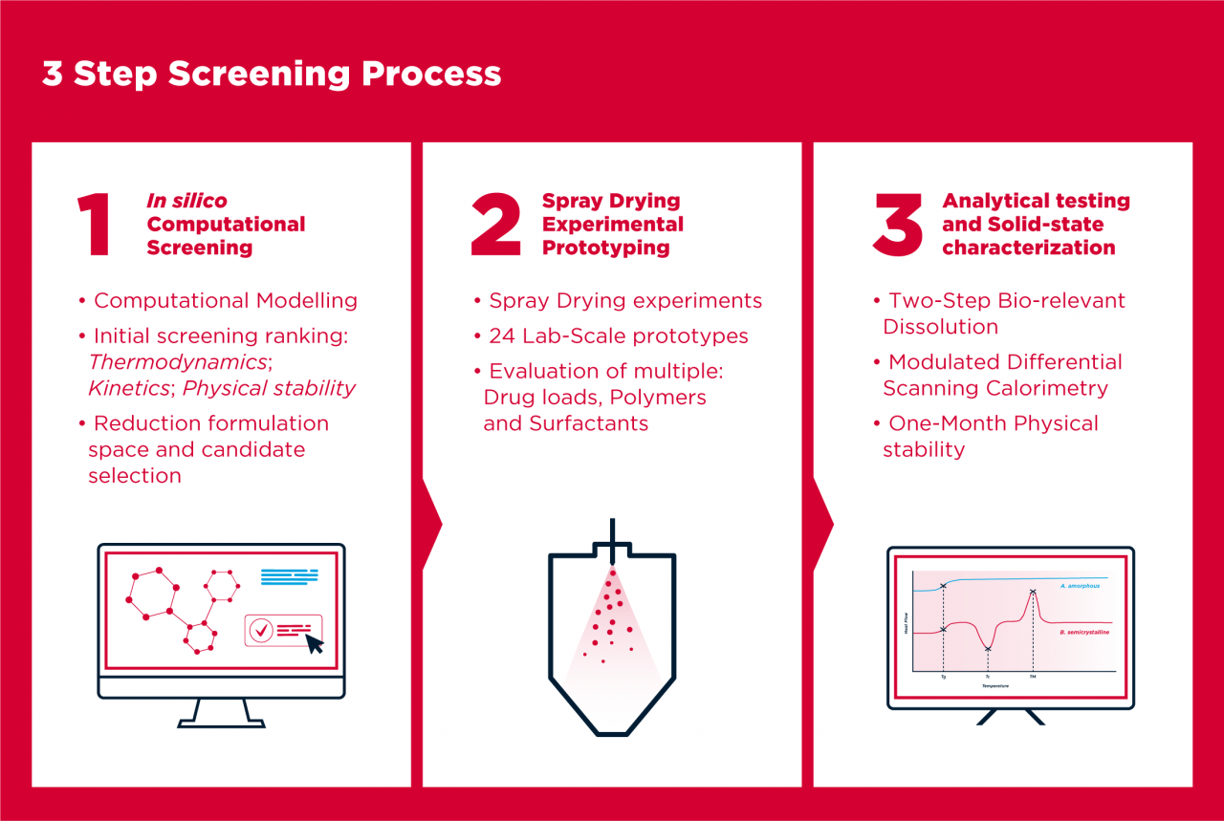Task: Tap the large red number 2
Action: tap(496, 225)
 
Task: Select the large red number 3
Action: tap(897, 225)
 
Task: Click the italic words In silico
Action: tap(186, 201)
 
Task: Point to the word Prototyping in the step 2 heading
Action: tap(605, 248)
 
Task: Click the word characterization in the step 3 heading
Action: tap(1028, 248)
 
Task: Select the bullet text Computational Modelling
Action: tap(226, 300)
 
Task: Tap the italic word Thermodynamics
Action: tap(177, 362)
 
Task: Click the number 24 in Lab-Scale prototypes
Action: tap(503, 335)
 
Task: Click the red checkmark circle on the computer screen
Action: tap(260, 629)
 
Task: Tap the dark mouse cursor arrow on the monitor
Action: tap(314, 643)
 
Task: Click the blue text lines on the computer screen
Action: tap(289, 576)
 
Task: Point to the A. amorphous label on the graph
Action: tap(1080, 585)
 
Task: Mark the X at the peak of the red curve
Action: tap(1033, 593)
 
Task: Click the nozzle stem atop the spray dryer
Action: tap(612, 531)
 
